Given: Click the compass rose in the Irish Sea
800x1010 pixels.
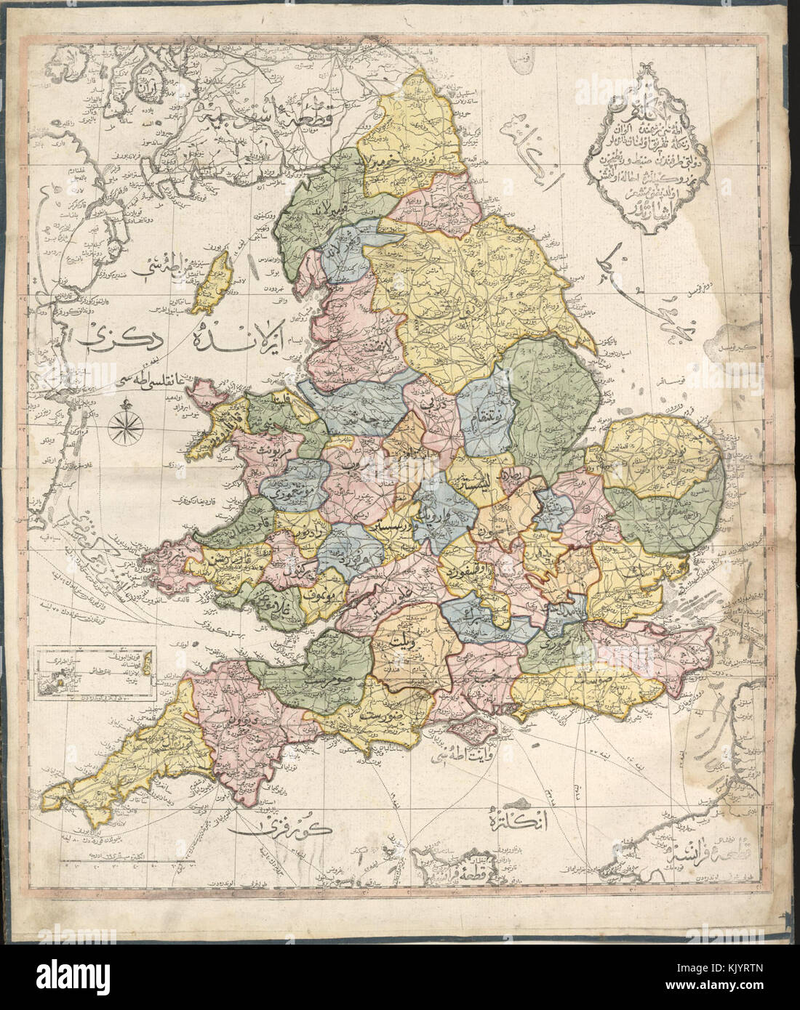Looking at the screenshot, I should (121, 426).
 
